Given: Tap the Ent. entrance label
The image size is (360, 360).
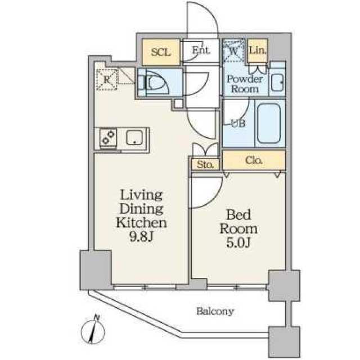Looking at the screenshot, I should (200, 50).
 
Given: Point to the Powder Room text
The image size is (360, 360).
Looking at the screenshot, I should (244, 84).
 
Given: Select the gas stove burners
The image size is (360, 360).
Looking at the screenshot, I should (108, 137).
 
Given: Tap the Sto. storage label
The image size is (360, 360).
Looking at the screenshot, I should (205, 165).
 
